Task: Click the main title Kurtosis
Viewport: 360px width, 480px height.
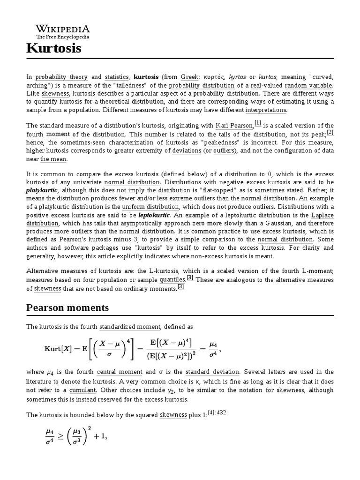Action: pos(54,48)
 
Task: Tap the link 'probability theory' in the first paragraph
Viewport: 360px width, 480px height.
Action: pos(61,77)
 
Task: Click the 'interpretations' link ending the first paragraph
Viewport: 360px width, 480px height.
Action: pos(266,110)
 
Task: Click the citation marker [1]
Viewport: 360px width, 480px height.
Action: pos(258,123)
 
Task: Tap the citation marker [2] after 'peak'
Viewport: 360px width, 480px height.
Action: pos(330,131)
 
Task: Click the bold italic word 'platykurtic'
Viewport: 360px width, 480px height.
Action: pos(42,191)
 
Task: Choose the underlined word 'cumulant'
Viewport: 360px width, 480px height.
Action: pos(82,390)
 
